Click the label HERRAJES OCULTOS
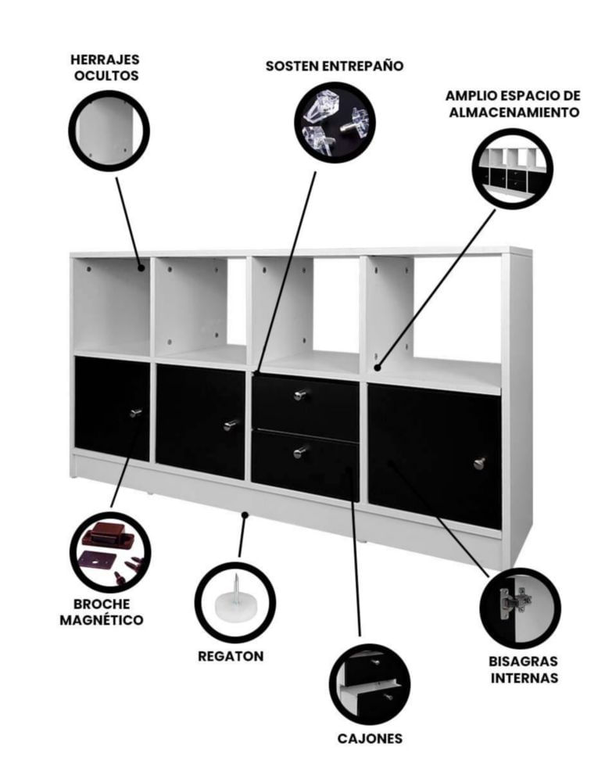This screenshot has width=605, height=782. coord(105,68)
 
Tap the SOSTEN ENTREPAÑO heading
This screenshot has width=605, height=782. coord(335,66)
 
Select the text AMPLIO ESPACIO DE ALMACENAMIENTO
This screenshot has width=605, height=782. coord(514,104)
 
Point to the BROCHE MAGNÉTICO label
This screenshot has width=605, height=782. coord(102,612)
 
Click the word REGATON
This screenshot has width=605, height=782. coord(231,656)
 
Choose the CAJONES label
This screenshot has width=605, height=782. coord(370,739)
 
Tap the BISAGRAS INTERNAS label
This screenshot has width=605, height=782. coord(523,670)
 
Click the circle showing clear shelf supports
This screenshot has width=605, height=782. coord(335,122)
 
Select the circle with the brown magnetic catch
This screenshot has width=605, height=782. coord(110,553)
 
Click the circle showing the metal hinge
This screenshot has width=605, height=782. coord(521,608)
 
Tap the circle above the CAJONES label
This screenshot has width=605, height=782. coord(370,684)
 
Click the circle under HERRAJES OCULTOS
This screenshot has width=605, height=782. coord(109,131)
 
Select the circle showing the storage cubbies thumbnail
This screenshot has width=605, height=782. coord(512,169)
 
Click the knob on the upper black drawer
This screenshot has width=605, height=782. coord(300,395)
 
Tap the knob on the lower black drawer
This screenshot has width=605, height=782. coord(300,452)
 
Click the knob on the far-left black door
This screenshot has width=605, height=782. coord(135,413)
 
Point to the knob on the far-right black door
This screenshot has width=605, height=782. coord(479,464)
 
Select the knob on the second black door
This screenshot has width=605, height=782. coord(231,425)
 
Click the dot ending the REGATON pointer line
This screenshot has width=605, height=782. coord(244,515)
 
